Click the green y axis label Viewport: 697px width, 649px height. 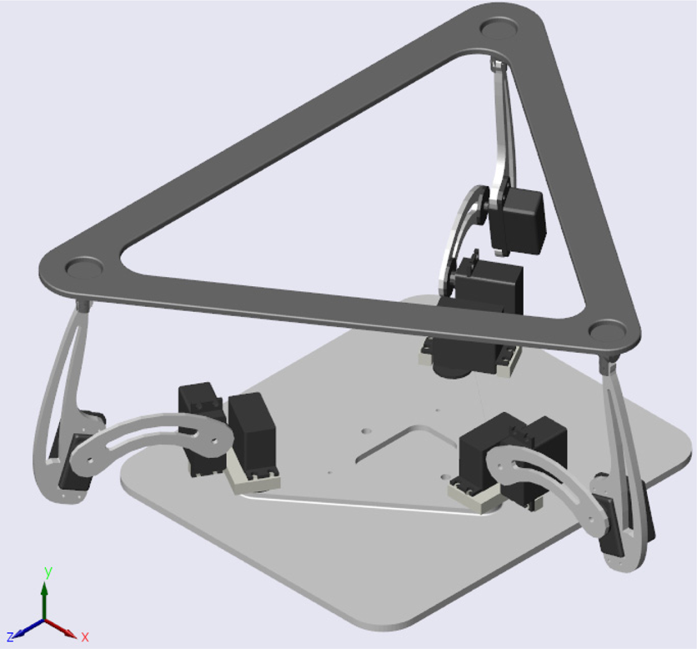click(x=48, y=572)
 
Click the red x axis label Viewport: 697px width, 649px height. click(x=85, y=637)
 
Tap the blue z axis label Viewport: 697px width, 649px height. click(x=11, y=636)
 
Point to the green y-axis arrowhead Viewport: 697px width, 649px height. click(x=44, y=588)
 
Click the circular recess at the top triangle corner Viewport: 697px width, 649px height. click(x=499, y=28)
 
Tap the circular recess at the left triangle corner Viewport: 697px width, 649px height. click(x=83, y=267)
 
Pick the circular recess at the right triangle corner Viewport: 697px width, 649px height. click(x=608, y=331)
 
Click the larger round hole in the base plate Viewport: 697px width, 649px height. click(x=367, y=431)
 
